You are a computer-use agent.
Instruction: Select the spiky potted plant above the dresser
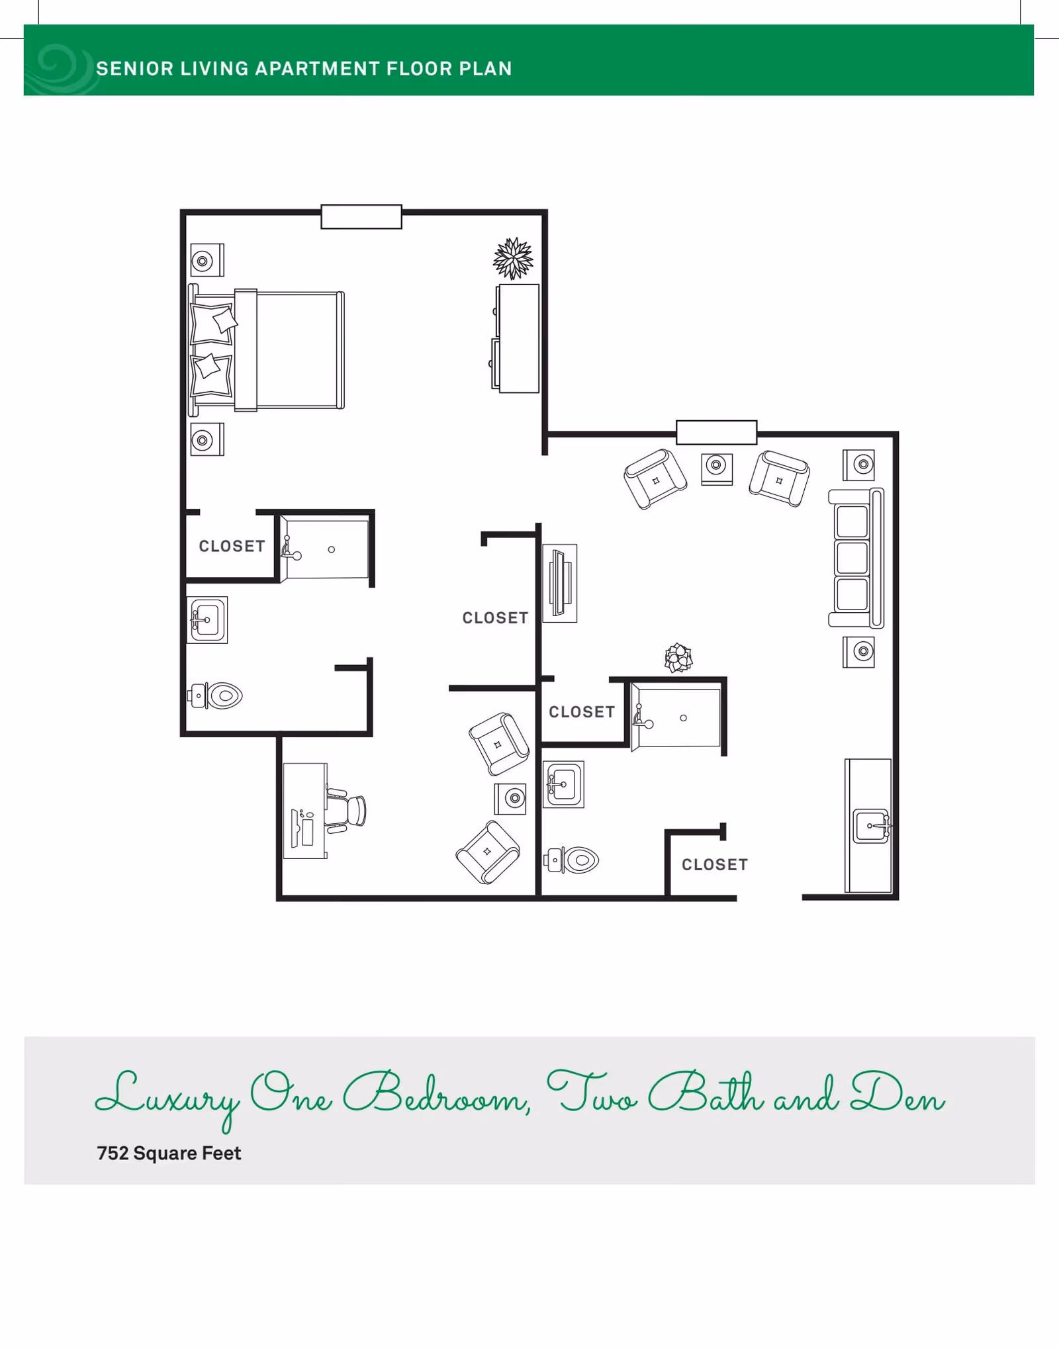point(513,258)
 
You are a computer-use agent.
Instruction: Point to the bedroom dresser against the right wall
point(518,338)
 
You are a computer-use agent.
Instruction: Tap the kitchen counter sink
point(872,826)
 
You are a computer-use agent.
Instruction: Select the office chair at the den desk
point(347,809)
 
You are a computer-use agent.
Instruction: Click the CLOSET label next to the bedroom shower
point(232,547)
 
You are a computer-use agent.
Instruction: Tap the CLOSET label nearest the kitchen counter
point(715,865)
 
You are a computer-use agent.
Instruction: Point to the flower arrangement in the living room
point(678,658)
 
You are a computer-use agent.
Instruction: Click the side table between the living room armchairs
point(717,468)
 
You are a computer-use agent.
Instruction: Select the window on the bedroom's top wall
point(361,217)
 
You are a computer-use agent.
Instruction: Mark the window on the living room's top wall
point(716,432)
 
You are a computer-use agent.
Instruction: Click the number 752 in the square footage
point(113,1153)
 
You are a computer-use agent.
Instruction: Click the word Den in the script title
point(898,1093)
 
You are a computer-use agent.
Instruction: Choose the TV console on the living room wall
point(560,583)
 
